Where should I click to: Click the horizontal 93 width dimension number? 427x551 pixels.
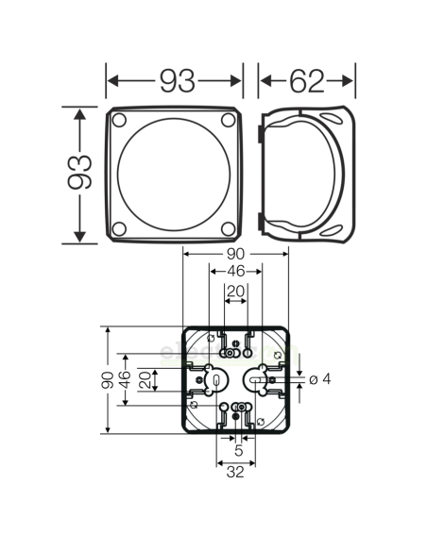pos(177,81)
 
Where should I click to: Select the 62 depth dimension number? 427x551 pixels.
pos(306,81)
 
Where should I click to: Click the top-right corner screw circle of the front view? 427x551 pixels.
pos(230,121)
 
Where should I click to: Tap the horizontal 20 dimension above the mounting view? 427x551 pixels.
pos(236,291)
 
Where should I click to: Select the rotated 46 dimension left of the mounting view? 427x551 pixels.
pos(125,381)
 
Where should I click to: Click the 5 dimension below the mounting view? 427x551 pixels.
pos(236,453)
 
